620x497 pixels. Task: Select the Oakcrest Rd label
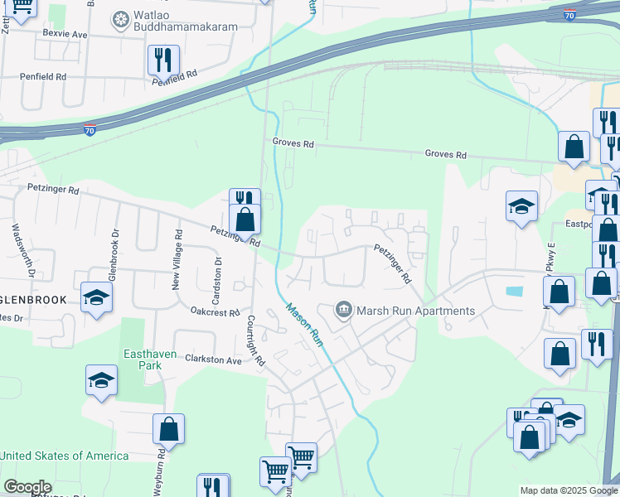click(215, 312)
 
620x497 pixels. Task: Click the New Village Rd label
click(177, 260)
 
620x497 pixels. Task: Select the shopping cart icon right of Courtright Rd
click(301, 456)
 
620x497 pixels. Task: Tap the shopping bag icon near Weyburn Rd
click(168, 429)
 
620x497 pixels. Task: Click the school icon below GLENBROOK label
click(96, 297)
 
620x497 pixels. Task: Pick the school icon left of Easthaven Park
click(101, 379)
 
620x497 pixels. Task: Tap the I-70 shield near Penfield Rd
click(90, 129)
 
